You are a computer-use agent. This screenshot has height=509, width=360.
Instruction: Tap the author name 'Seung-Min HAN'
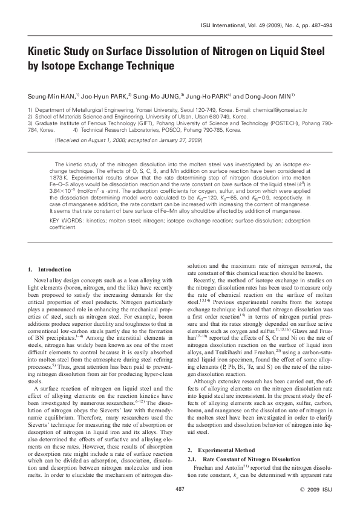[x=51, y=96]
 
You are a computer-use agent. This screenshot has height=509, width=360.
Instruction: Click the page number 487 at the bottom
[x=180, y=488]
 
